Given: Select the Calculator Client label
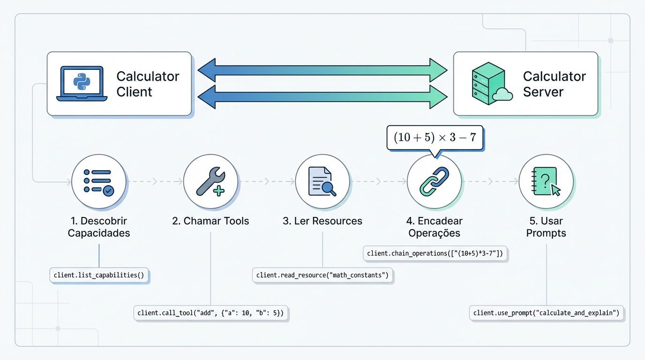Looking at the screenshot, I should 148,84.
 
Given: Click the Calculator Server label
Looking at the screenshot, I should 555,84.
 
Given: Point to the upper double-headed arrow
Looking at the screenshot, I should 322,71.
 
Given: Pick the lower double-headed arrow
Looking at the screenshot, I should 322,97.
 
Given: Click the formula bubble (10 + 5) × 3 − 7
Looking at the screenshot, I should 435,137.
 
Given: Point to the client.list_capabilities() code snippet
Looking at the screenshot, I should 99,275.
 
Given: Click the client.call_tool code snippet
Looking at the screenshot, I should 210,313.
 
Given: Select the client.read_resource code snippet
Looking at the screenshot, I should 322,275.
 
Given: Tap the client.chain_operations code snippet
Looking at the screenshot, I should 435,254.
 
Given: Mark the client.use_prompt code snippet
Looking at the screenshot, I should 546,313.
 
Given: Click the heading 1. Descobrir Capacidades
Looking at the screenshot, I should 99,227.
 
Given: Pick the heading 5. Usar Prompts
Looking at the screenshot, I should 546,227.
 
